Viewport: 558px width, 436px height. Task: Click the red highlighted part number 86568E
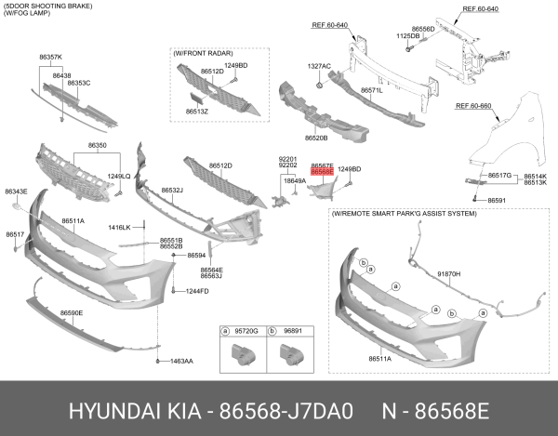coord(322,172)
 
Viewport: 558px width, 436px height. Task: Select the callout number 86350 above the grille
coord(97,146)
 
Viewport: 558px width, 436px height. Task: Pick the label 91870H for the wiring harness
coord(449,274)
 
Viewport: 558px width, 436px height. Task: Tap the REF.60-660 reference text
coord(474,105)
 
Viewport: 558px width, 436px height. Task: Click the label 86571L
coord(373,91)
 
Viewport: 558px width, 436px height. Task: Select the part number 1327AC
coord(319,67)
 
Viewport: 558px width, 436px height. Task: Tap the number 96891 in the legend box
coord(292,330)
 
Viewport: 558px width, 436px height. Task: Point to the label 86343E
coord(16,192)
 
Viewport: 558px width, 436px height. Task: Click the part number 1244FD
coord(196,292)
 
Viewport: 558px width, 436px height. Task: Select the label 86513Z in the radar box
coord(196,112)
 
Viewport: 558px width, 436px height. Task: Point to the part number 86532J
coord(171,191)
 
